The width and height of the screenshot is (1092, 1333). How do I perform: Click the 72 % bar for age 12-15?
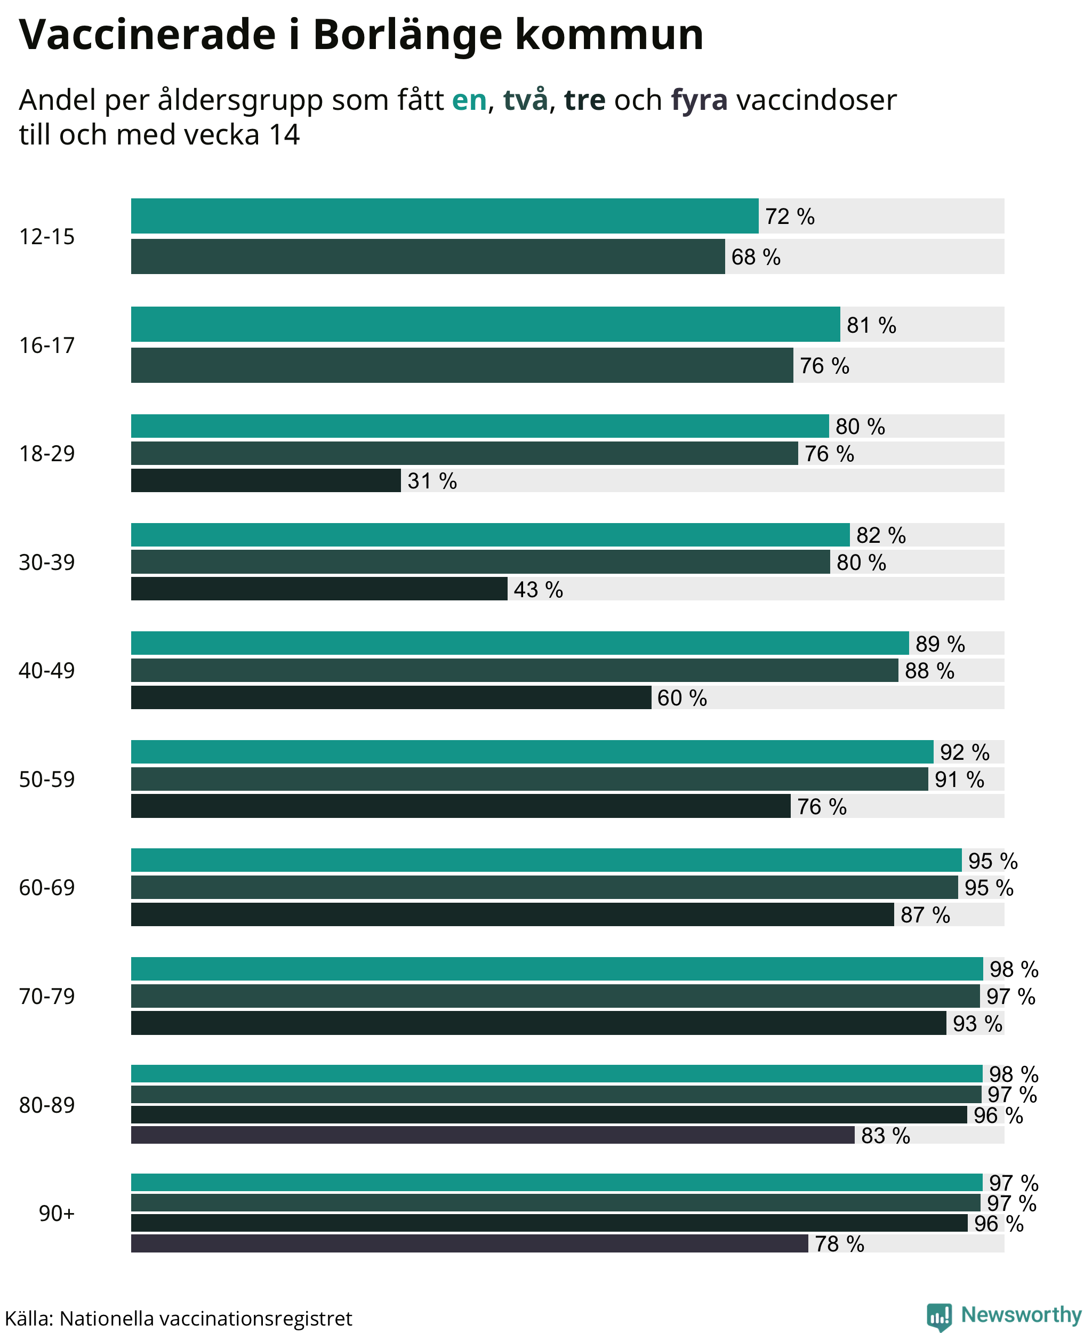point(445,216)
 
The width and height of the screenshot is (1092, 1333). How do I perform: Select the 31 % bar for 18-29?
point(266,480)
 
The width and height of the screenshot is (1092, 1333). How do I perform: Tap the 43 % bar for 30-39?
point(319,589)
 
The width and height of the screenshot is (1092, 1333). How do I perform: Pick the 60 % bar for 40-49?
point(391,697)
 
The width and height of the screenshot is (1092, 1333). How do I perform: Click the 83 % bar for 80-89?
point(493,1135)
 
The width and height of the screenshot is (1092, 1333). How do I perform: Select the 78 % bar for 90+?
point(469,1243)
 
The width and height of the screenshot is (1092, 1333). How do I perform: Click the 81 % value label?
point(871,325)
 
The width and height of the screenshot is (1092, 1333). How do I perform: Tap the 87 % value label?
point(925,914)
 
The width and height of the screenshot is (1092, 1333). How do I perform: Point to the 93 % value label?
point(977,1024)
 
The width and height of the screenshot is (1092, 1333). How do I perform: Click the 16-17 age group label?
point(47,346)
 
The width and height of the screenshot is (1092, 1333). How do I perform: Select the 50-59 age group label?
point(47,780)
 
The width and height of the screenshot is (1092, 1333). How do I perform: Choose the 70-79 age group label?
point(47,997)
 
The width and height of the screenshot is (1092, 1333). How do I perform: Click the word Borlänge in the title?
point(407,35)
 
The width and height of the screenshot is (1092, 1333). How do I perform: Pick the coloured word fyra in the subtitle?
point(700,100)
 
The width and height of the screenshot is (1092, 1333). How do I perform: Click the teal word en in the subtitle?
point(469,101)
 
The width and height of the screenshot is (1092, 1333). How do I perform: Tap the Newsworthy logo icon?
point(939,1316)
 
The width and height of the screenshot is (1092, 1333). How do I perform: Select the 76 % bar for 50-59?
point(461,806)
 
